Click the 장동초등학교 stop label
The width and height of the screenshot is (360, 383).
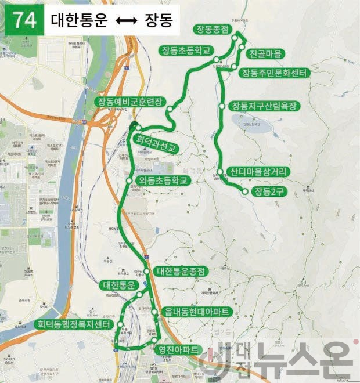[x=187, y=50]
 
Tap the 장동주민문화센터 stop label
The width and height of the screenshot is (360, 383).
[x=273, y=73]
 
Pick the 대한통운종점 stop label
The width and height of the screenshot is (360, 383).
[x=182, y=271]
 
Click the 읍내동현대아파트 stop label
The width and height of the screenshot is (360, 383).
[x=197, y=312]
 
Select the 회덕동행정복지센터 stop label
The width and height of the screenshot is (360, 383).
[x=73, y=325]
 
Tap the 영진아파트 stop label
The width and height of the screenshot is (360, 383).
[x=179, y=349]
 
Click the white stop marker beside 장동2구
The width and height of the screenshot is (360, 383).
[x=246, y=191]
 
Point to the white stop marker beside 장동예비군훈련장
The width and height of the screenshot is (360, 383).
[x=169, y=109]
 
